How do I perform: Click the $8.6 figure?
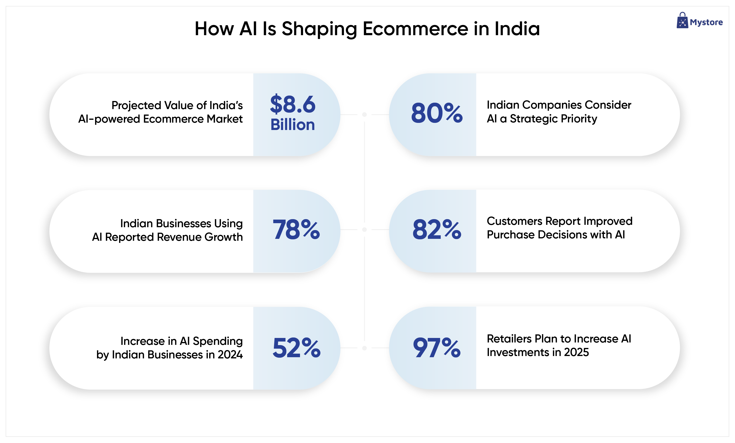point(293,104)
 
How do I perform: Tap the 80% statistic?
point(437,113)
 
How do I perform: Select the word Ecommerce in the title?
point(416,29)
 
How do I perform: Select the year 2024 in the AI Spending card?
point(230,355)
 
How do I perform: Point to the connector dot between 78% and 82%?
point(364,229)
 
